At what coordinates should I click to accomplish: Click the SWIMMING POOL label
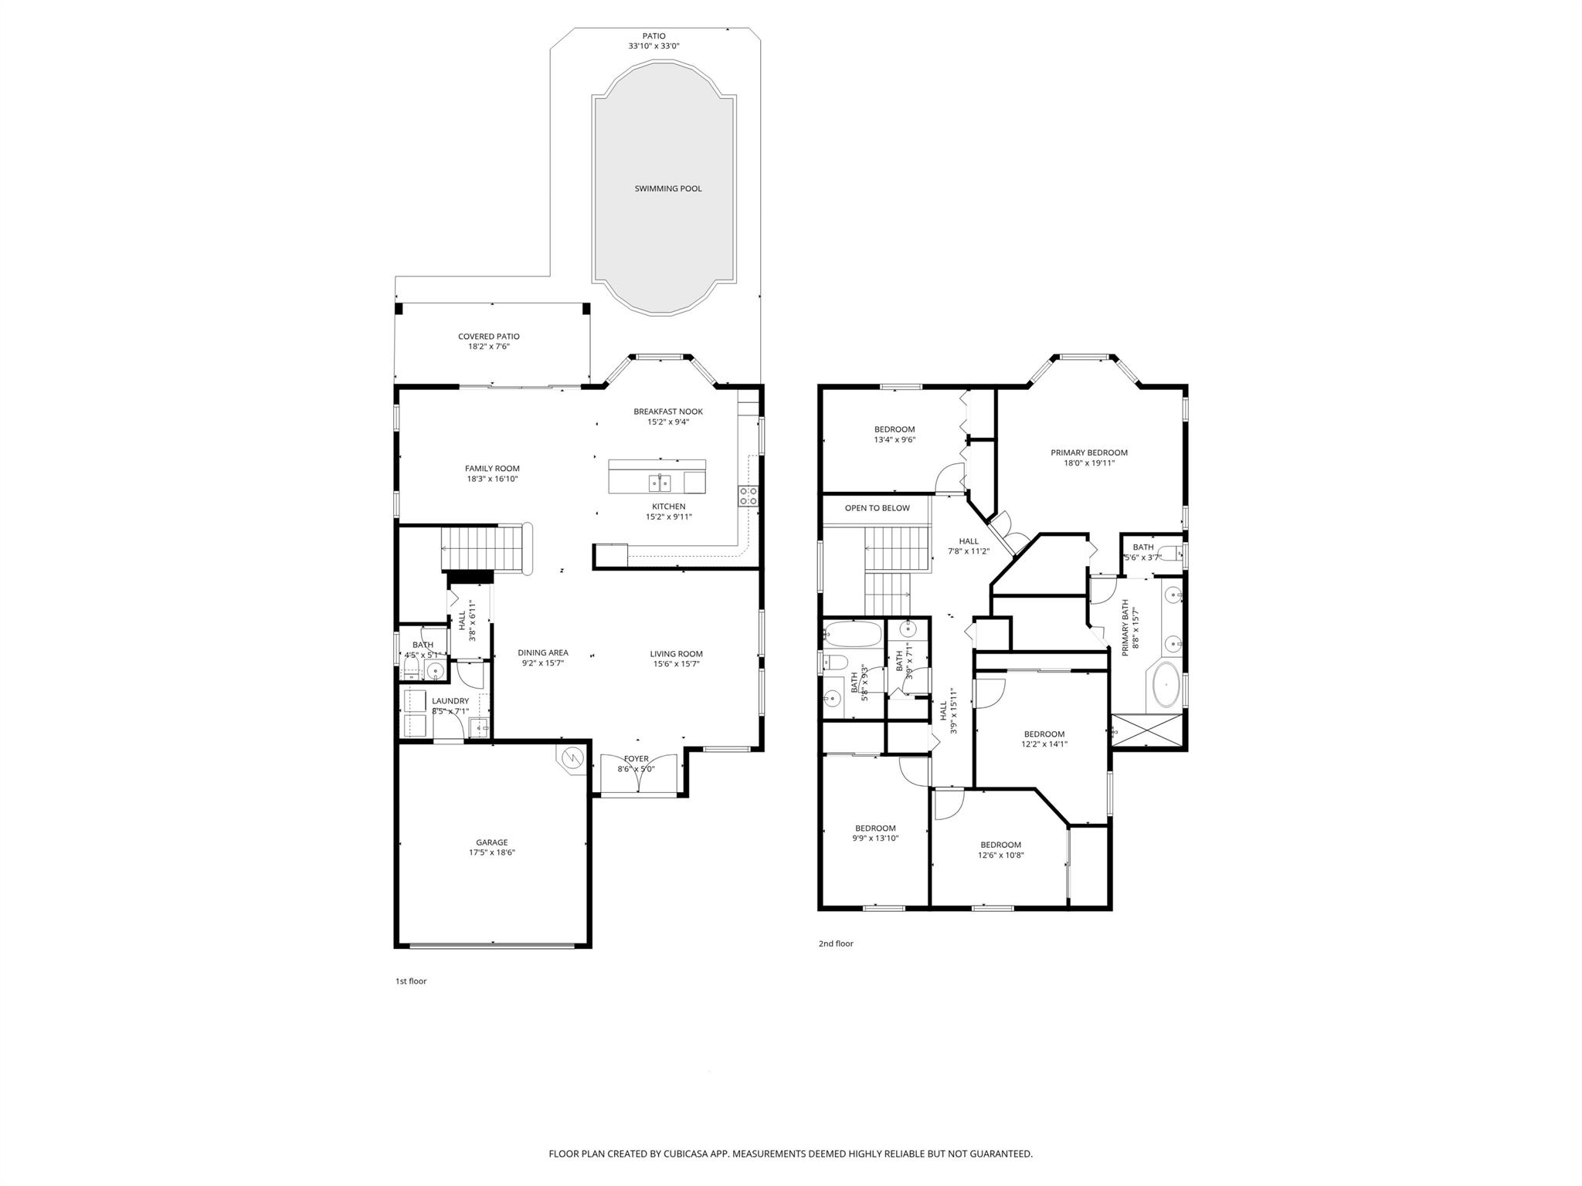coord(668,188)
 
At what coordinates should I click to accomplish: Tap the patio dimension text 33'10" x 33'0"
coord(654,46)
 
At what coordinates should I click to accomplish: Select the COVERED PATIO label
coord(488,337)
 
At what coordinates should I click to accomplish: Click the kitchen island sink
coord(660,483)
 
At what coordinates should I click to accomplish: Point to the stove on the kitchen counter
coord(748,496)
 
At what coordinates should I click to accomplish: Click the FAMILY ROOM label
coord(492,469)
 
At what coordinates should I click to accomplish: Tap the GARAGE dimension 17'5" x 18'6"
coord(491,852)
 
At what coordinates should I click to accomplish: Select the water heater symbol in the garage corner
coord(572,757)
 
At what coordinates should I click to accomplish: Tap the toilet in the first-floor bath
coord(412,667)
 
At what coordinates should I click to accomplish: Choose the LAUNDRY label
coord(450,701)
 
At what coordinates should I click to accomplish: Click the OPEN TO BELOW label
coord(877,508)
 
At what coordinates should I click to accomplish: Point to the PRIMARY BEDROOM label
coord(1088,453)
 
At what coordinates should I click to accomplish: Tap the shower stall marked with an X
coord(1146,731)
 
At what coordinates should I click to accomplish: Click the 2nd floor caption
coord(836,944)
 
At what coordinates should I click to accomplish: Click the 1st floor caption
coord(411,981)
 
